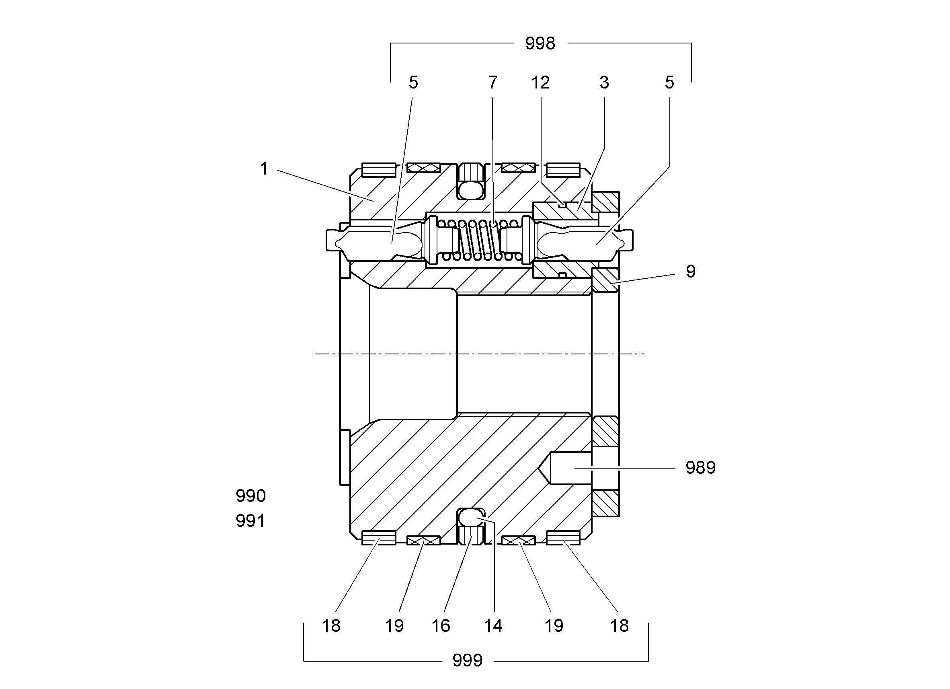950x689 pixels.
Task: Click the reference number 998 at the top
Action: (540, 43)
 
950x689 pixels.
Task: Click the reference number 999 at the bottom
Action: (468, 660)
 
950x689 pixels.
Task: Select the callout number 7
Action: (492, 82)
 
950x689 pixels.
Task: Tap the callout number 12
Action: (540, 82)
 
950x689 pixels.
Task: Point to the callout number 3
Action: (604, 82)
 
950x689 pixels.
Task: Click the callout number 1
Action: (264, 169)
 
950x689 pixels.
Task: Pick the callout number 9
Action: (691, 271)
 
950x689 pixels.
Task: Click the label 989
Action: (700, 468)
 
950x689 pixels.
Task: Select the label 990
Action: (250, 496)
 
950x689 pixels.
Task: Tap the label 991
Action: (250, 521)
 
